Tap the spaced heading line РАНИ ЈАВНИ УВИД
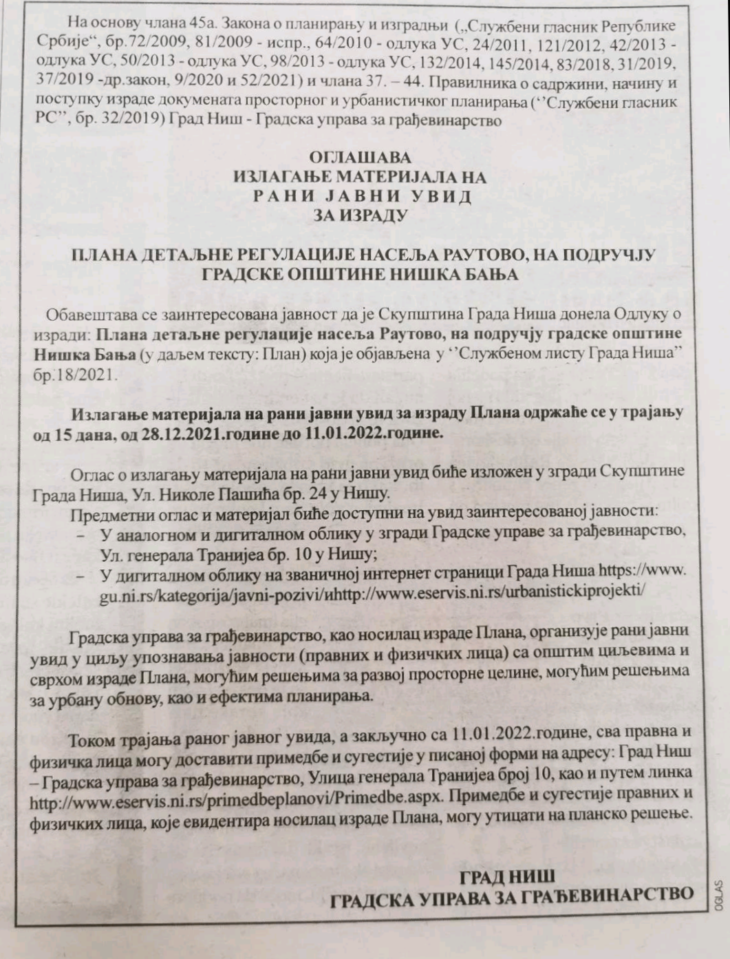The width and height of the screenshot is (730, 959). tap(363, 196)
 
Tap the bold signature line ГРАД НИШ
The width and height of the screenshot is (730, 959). tap(507, 876)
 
